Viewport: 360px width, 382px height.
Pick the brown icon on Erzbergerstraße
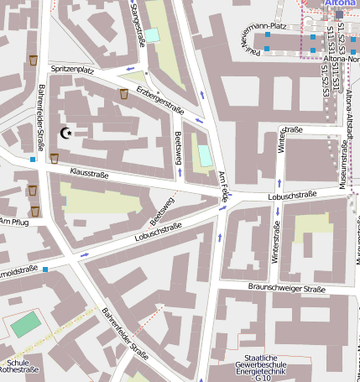tap(124, 93)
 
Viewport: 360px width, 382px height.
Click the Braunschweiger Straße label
tap(286, 289)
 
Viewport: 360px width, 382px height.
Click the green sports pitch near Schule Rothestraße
tap(26, 324)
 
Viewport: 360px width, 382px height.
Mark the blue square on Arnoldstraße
tap(45, 269)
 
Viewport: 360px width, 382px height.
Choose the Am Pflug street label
tap(14, 222)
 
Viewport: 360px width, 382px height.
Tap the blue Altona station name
tap(341, 4)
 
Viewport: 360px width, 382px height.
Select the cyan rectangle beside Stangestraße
tap(151, 35)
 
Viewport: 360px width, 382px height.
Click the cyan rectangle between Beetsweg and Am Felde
tap(205, 154)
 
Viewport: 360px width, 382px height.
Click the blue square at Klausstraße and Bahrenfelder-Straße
tap(33, 159)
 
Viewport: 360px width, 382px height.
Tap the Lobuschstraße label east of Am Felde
tap(291, 195)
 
